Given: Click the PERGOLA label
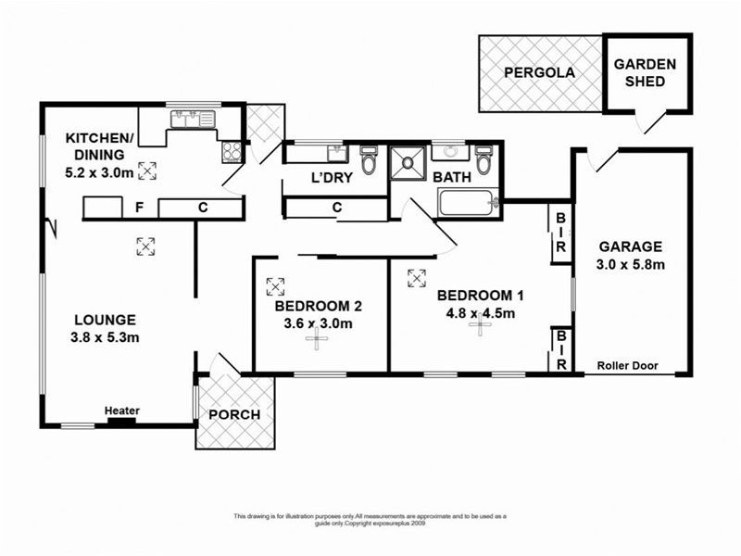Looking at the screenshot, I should tap(539, 72).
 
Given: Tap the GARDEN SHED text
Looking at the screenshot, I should tap(647, 72).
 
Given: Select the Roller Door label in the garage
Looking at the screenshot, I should tap(628, 365).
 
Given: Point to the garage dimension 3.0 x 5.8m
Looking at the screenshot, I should tap(630, 264).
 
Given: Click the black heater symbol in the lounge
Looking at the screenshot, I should tap(121, 422).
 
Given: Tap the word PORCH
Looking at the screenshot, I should tap(233, 414).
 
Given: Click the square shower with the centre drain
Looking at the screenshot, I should tap(406, 164).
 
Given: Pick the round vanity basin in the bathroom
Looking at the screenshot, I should tap(449, 150).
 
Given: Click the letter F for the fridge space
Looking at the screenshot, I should tap(139, 208).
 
